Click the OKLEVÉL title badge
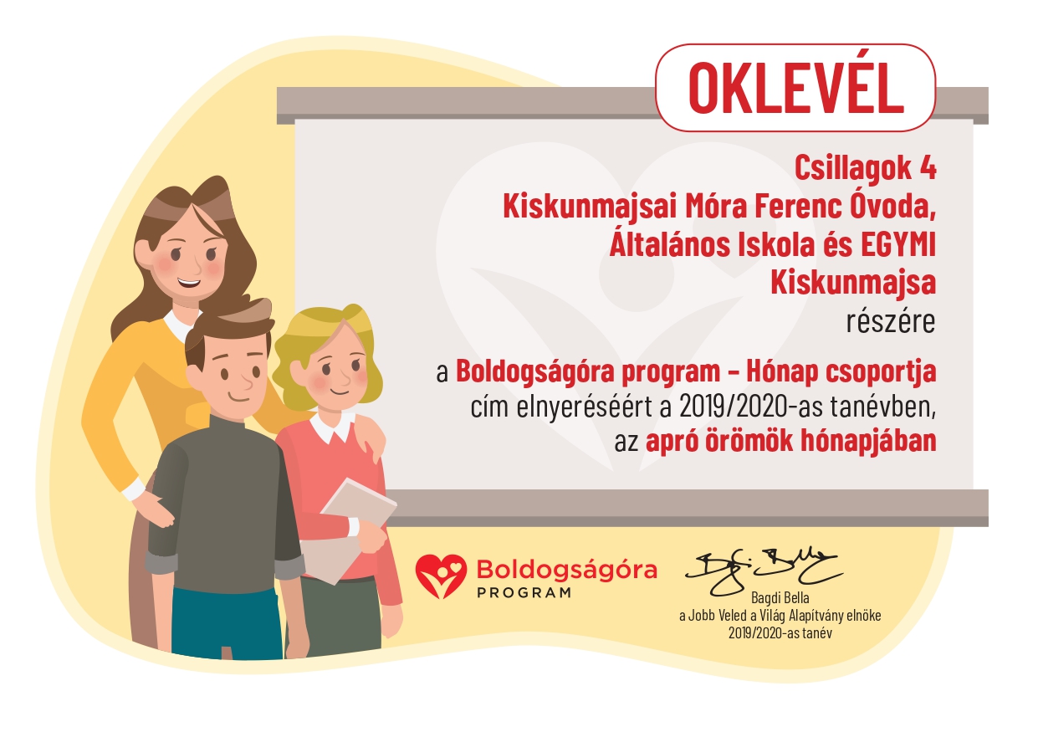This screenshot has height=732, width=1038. click(x=795, y=88)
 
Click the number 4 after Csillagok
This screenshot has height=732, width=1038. click(x=928, y=168)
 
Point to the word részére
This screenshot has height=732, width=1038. click(x=891, y=321)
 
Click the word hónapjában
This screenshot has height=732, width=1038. click(x=868, y=442)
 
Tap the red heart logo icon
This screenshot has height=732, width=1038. click(x=441, y=576)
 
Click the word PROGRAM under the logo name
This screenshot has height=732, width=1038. click(x=524, y=593)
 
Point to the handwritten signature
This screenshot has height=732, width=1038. click(x=764, y=572)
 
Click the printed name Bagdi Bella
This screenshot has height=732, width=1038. click(x=780, y=597)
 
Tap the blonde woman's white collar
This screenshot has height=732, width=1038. click(x=332, y=428)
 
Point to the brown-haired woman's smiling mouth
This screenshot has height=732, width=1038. click(x=189, y=282)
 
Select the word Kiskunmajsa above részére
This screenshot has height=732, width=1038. click(x=853, y=284)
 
